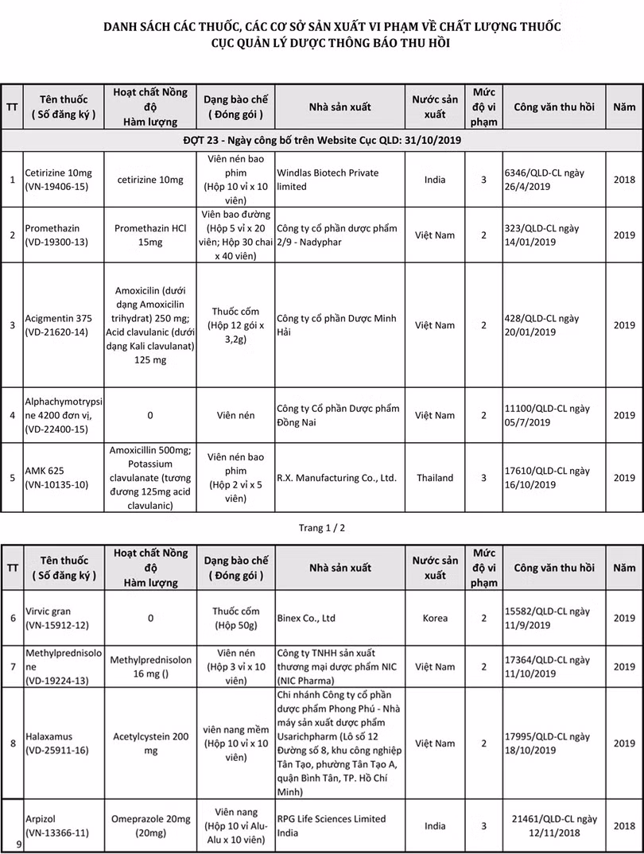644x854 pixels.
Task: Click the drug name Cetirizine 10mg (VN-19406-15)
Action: (58, 180)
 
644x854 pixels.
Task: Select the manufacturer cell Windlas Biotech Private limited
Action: (328, 180)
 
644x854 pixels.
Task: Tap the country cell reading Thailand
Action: (434, 478)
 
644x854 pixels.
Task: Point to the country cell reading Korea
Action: (434, 618)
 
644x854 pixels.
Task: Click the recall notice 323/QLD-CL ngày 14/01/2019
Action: (541, 235)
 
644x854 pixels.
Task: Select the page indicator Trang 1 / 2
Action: (321, 527)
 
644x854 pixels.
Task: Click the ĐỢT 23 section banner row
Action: (322, 140)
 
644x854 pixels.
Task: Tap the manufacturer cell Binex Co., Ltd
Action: (306, 618)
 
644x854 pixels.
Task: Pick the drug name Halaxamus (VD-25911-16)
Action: (58, 743)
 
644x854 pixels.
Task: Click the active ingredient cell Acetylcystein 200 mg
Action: (150, 743)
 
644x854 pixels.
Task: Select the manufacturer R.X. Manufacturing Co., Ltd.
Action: (336, 478)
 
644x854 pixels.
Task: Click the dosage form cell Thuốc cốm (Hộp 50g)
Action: (235, 618)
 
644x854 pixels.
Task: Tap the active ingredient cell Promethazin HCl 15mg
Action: (150, 235)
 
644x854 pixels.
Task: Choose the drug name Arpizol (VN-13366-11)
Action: (58, 825)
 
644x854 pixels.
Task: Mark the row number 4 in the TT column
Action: (12, 415)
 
